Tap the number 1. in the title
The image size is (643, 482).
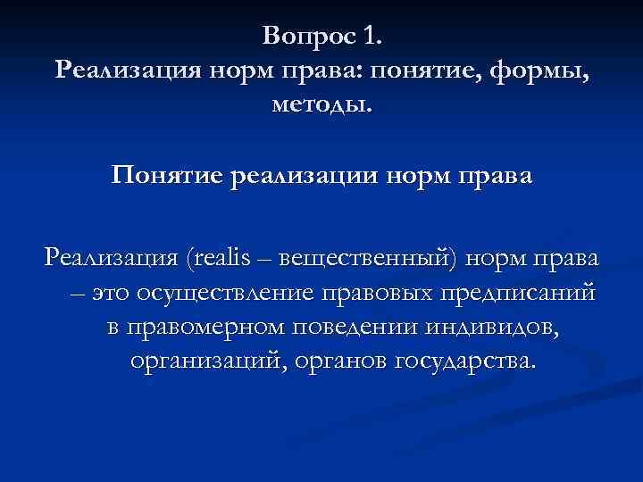coord(373,37)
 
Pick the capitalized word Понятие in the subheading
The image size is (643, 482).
coord(168,175)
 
